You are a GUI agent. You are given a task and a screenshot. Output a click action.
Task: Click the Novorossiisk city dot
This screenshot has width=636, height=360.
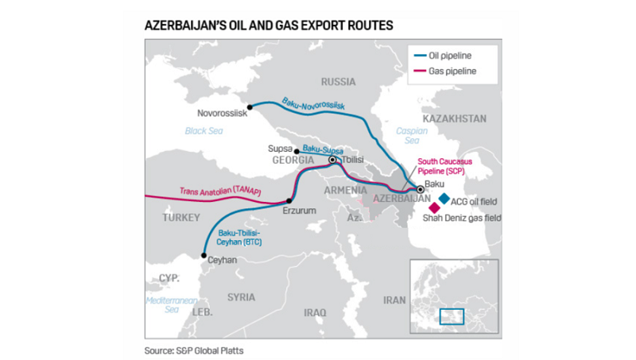coord(250,106)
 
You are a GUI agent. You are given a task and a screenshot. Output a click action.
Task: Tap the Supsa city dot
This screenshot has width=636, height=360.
coord(297,151)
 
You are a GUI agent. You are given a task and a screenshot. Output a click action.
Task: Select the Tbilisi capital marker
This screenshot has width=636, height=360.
coord(333,160)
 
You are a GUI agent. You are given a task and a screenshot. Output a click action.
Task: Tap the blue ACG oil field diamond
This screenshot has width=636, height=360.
coord(444,198)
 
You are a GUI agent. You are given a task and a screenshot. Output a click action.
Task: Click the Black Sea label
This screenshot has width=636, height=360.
coord(200,130)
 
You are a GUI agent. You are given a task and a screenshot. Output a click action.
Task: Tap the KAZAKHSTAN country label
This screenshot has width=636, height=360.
coord(454,118)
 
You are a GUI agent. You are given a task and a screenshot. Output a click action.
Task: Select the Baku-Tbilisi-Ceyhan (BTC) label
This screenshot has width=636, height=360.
coord(237,235)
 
